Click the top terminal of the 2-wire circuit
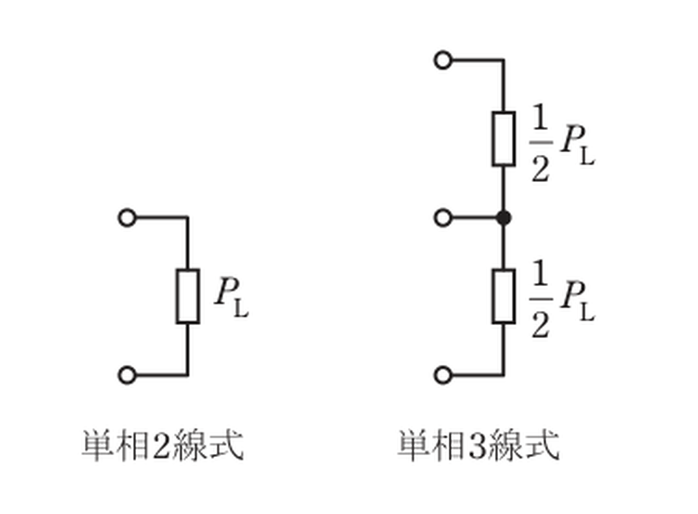pos(127,218)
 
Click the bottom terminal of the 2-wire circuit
pos(127,375)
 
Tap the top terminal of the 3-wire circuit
pos(443,60)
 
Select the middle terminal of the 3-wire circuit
pos(443,218)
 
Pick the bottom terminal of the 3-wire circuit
pos(443,375)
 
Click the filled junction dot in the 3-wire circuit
pos(504,218)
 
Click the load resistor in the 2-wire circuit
pos(187,296)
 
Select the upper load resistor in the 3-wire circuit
pos(504,139)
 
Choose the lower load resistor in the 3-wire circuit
pos(504,296)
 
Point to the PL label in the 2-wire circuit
pos(231,297)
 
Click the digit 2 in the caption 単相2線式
pos(161,445)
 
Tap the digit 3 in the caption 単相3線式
pos(476,445)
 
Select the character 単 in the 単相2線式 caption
pos(98,445)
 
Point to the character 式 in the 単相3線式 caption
pos(543,445)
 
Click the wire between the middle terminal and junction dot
pos(474,218)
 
